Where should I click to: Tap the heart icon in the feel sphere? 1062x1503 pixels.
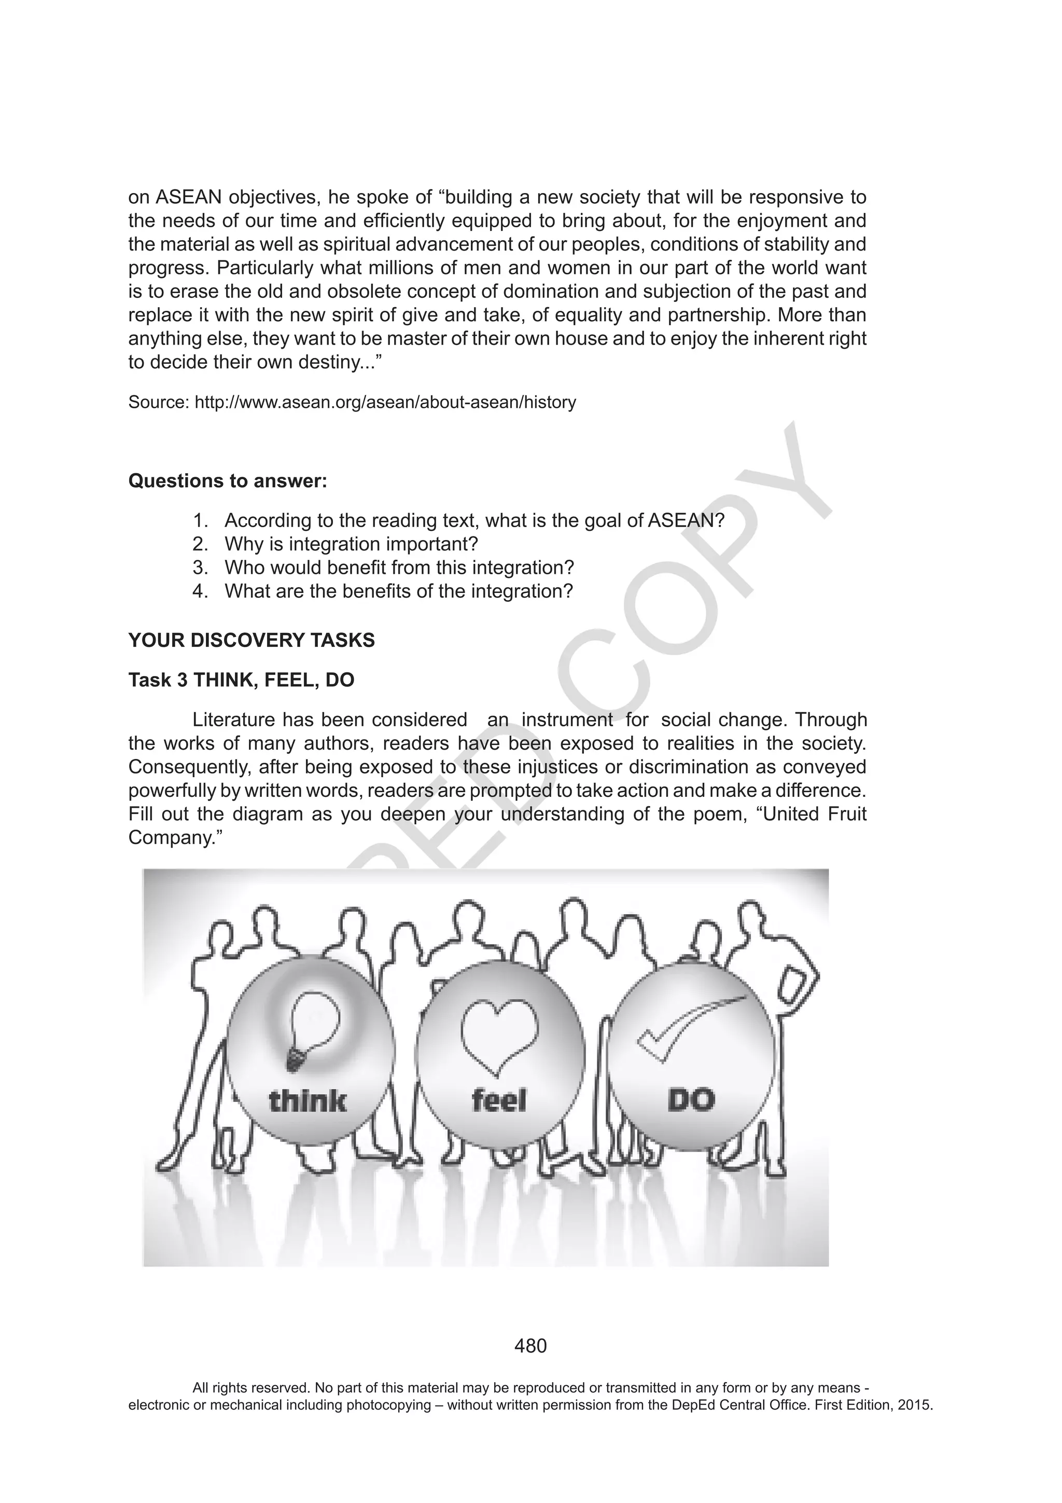499,1036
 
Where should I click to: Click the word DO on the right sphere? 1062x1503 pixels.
691,1100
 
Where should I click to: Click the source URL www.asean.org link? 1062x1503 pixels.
385,402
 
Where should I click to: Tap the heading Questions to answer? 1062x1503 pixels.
228,480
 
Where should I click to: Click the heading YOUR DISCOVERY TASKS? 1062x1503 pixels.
251,640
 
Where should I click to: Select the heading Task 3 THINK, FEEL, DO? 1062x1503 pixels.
241,680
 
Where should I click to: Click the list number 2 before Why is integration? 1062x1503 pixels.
199,544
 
